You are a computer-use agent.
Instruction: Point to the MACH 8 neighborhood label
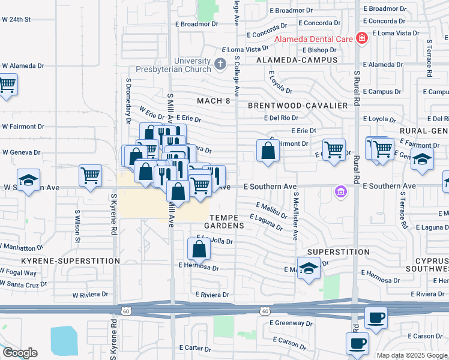click(x=214, y=100)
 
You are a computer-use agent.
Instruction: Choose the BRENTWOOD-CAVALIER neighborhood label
click(x=298, y=106)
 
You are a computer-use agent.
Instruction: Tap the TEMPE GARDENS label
click(x=227, y=221)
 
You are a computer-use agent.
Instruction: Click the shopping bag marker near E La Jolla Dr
click(x=199, y=247)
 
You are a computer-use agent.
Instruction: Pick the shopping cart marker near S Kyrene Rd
click(x=90, y=176)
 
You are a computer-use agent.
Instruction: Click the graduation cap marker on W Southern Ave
click(x=28, y=180)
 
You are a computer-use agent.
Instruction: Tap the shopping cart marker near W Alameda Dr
click(x=7, y=84)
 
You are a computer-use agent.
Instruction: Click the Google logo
click(x=20, y=353)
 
